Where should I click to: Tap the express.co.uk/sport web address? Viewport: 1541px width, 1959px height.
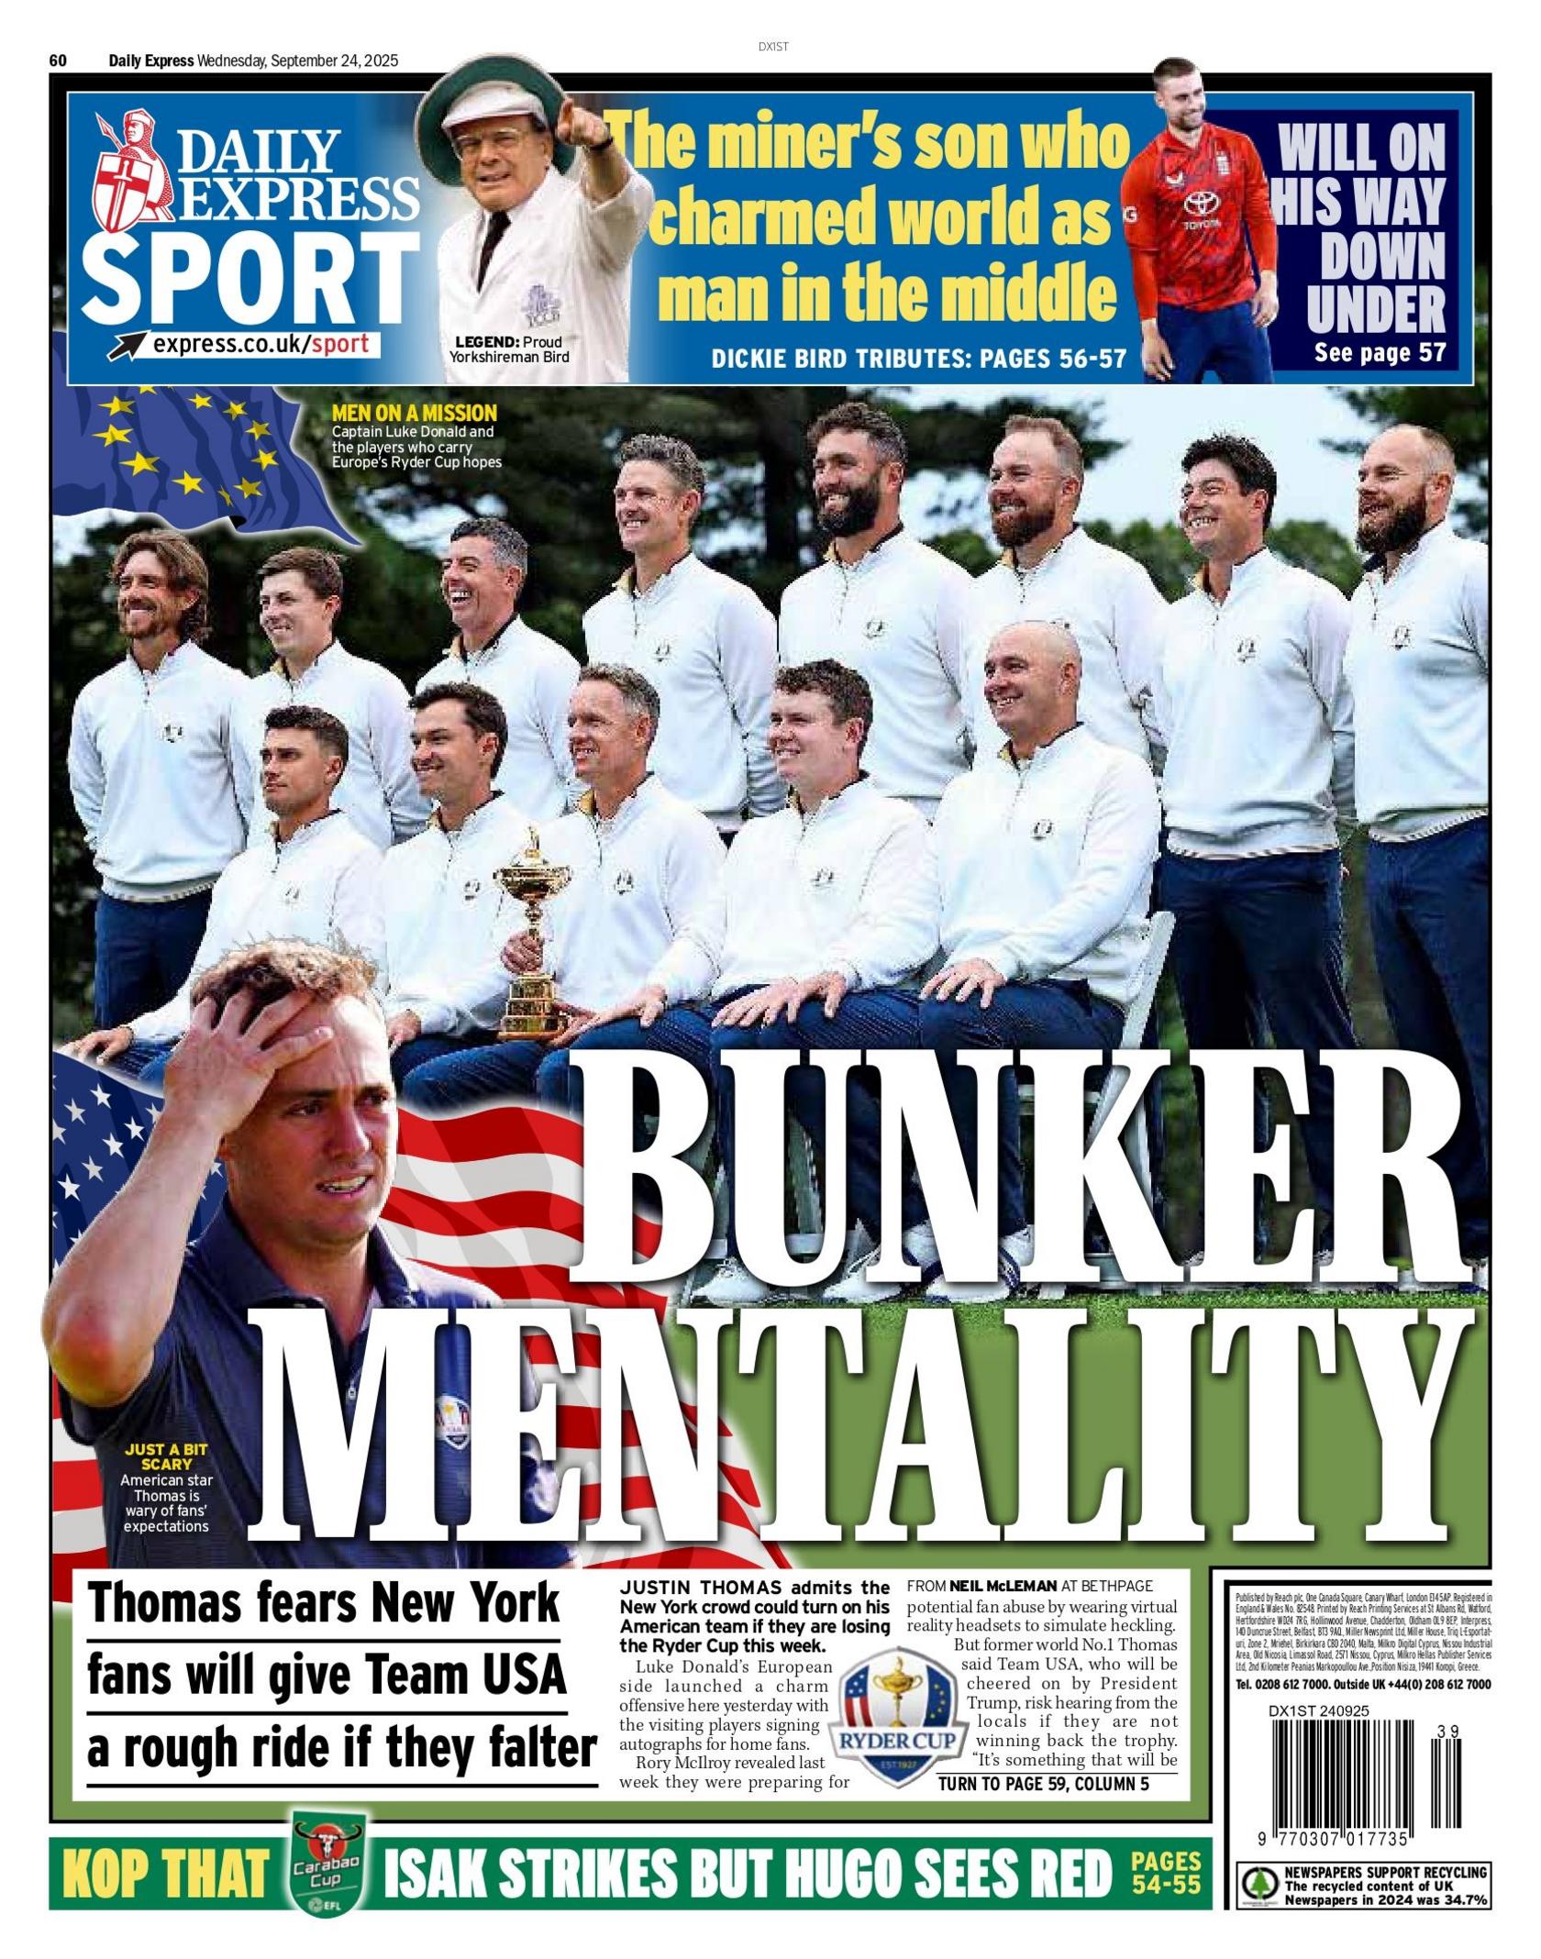click(261, 345)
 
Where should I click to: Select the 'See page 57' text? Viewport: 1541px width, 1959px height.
click(1380, 352)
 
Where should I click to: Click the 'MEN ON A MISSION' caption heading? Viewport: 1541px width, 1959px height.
click(415, 413)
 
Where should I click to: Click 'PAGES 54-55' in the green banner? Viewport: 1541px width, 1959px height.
click(1165, 1872)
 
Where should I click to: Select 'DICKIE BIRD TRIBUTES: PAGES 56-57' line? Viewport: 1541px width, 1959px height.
click(918, 358)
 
